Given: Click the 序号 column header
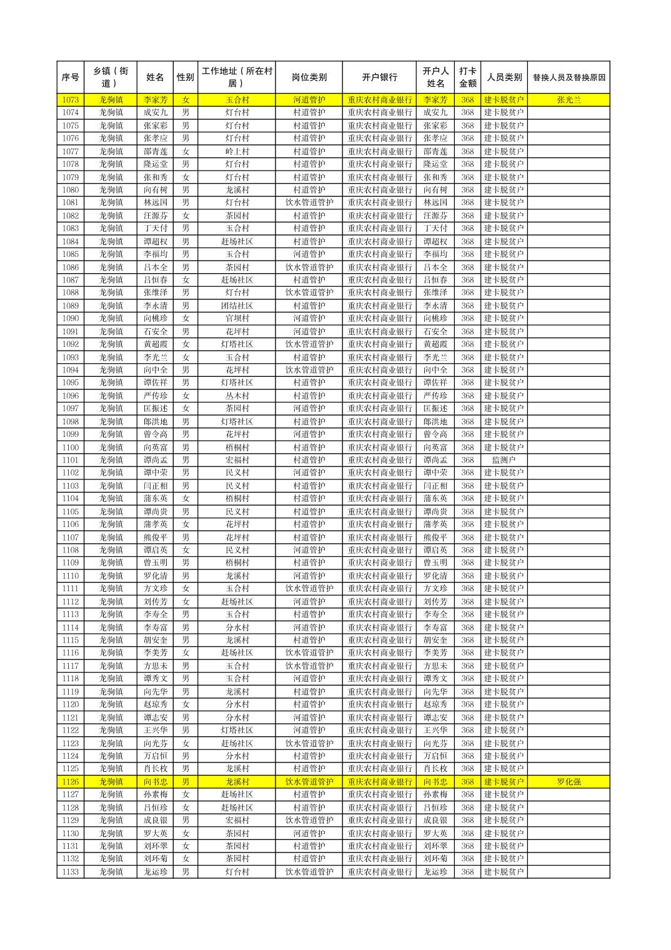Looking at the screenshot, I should (71, 77).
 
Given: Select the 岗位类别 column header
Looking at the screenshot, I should (309, 77).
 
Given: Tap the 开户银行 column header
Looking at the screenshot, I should (379, 77).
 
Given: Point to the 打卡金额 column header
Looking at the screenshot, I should (467, 77).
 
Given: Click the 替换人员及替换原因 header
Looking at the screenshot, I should (569, 77).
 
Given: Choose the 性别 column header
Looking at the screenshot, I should (186, 77).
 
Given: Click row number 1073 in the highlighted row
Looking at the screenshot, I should (71, 100).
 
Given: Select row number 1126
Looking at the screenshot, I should (71, 782).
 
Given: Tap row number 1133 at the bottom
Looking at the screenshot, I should (71, 872).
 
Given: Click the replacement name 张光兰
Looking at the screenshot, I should (569, 100).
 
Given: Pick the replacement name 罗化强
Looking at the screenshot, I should (569, 782).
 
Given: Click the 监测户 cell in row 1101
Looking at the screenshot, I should (504, 460).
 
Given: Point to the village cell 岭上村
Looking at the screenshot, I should (237, 151).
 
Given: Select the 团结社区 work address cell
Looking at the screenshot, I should (237, 306).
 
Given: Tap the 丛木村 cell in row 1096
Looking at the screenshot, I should (237, 396).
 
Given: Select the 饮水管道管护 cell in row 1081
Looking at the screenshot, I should (309, 202).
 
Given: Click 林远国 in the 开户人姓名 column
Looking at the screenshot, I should (435, 202).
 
